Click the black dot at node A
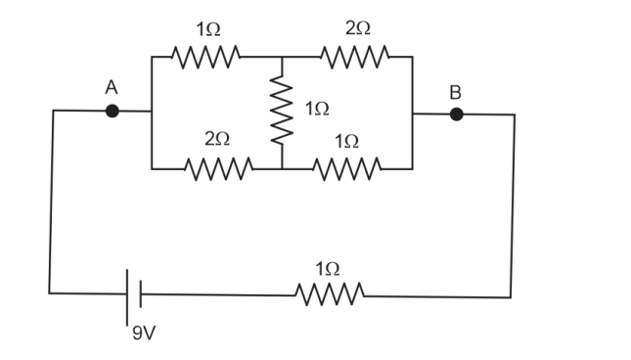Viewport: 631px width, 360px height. pos(113,112)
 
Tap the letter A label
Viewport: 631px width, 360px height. pos(112,87)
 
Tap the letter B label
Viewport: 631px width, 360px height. pos(454,92)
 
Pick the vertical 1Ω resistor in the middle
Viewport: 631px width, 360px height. pos(283,111)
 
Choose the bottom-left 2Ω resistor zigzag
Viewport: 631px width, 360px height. pos(217,168)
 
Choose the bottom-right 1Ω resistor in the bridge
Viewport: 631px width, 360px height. pos(346,168)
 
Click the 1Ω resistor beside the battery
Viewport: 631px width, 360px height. pos(329,292)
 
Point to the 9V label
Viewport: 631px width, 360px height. pos(144,334)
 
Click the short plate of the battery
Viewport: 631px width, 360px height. pos(141,292)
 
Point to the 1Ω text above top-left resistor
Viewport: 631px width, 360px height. pos(207,30)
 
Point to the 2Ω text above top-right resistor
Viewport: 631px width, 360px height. pos(357,30)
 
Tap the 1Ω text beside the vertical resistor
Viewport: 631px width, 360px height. pos(316,110)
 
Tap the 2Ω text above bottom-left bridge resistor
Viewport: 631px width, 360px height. pos(217,141)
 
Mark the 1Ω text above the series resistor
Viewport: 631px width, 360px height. pos(328,267)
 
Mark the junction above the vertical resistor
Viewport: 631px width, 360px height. pos(283,57)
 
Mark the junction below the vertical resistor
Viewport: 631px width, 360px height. pos(283,168)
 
